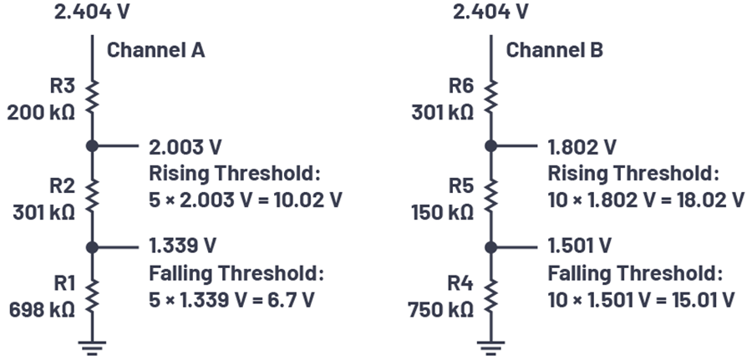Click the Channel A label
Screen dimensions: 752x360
pyautogui.click(x=155, y=50)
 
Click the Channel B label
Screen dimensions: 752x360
pyautogui.click(x=555, y=50)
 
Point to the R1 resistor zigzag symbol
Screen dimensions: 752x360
pyautogui.click(x=92, y=297)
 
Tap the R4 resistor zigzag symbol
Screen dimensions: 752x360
pyautogui.click(x=491, y=297)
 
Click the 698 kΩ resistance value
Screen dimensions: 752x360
pyautogui.click(x=43, y=310)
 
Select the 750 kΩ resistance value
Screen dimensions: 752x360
pyautogui.click(x=440, y=310)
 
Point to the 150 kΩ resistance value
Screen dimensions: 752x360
pyautogui.click(x=442, y=212)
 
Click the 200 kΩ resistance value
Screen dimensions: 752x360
pyautogui.click(x=41, y=113)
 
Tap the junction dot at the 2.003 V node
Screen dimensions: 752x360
pyautogui.click(x=92, y=145)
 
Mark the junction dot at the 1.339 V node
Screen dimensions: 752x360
pyautogui.click(x=92, y=247)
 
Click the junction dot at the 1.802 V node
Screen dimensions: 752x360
pyautogui.click(x=491, y=145)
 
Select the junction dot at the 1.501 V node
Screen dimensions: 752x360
pyautogui.click(x=491, y=247)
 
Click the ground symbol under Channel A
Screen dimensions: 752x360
pyautogui.click(x=92, y=348)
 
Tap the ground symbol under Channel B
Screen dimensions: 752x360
pyautogui.click(x=491, y=348)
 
